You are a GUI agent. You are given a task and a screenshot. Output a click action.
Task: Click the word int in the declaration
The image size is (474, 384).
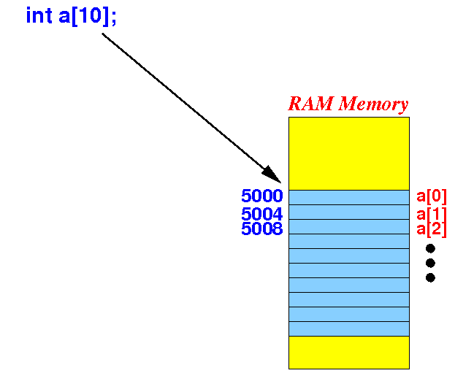39,15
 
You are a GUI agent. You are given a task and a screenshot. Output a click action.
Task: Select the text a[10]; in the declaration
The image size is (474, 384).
88,17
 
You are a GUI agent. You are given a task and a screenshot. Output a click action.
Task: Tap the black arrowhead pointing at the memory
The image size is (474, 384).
272,174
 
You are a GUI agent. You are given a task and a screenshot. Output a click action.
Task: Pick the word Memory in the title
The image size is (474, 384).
373,104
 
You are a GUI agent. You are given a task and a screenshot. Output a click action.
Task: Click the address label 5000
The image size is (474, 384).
262,196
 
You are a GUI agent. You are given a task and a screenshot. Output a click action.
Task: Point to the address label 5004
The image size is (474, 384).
262,214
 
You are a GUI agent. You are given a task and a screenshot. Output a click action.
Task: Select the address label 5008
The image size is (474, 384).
262,229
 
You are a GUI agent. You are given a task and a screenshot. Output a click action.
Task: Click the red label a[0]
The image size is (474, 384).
432,196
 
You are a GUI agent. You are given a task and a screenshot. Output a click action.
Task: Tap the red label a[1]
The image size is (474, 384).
432,215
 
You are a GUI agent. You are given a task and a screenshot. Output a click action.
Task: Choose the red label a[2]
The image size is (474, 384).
432,229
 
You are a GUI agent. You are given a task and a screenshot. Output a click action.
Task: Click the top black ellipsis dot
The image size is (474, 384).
430,248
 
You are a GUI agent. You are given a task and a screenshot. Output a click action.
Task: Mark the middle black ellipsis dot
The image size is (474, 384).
430,263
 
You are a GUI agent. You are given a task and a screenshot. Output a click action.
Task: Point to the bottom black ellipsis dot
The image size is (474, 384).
430,277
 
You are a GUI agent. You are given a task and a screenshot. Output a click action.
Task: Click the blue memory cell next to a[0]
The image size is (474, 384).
349,197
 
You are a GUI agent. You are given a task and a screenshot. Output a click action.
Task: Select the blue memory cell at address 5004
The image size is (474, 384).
349,212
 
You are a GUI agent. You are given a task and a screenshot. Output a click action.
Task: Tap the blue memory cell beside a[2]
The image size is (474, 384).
349,226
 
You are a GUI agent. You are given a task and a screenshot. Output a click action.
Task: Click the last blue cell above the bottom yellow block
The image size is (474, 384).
349,329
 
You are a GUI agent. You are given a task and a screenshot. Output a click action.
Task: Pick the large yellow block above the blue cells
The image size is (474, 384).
349,153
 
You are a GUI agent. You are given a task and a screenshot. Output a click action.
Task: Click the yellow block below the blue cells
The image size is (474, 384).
349,353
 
